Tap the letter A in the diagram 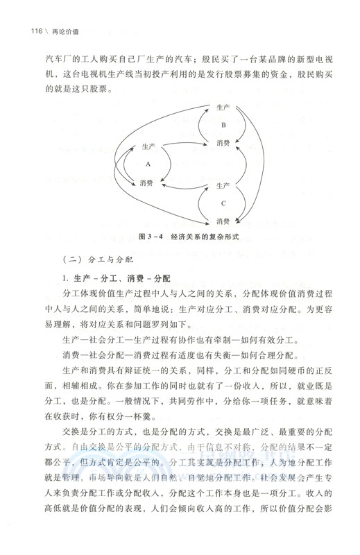coord(148,165)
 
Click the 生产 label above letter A coord(148,147)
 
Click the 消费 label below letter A coord(147,184)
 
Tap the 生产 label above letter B coord(223,108)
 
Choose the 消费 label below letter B coord(223,144)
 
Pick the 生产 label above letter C coord(223,186)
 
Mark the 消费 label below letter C coord(223,221)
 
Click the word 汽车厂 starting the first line coord(54,56)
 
